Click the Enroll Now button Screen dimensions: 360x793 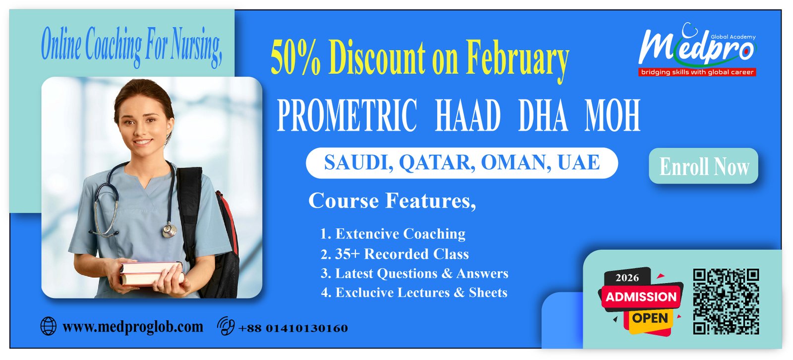[x=703, y=166]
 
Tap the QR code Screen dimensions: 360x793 [x=726, y=301]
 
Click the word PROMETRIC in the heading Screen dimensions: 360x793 [x=346, y=116]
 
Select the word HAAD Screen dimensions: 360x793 [x=467, y=116]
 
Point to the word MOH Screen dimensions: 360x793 [x=612, y=116]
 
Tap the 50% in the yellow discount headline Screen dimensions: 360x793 [x=295, y=58]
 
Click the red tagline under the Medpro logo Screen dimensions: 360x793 [x=697, y=72]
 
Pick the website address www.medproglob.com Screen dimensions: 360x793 [x=132, y=327]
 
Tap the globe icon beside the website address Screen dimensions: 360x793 [x=48, y=326]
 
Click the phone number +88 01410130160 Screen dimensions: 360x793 [x=293, y=328]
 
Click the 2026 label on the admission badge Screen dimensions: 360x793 [x=627, y=278]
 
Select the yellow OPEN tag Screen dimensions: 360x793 [x=650, y=318]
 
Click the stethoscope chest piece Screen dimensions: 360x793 [x=170, y=230]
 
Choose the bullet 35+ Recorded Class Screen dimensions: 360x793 [x=395, y=254]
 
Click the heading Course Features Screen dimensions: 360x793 [x=392, y=201]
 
